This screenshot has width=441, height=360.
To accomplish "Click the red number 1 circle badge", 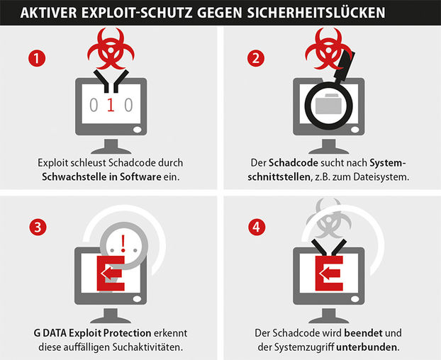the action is [37, 58].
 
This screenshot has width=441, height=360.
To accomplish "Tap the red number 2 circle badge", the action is [256, 58].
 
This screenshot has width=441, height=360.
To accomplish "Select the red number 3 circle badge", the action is [38, 227].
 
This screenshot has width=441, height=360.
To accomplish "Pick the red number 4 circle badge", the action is [257, 227].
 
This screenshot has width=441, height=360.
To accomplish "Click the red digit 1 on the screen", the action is [111, 105].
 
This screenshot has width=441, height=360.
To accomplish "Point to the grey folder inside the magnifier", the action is [328, 104].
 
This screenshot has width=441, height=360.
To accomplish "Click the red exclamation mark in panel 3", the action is [123, 243].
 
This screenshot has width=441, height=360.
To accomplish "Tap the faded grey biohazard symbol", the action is [329, 219].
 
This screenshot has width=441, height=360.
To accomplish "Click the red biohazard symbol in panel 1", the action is [111, 48].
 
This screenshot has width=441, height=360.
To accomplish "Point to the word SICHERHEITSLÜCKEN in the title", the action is [316, 12].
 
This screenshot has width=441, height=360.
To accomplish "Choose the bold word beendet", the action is [364, 333].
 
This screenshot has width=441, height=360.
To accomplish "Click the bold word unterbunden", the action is [368, 347].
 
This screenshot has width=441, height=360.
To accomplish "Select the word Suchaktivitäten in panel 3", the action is [147, 347].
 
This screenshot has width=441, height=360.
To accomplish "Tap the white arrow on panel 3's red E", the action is [111, 273].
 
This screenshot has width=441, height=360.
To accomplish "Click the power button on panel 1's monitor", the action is [138, 130].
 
